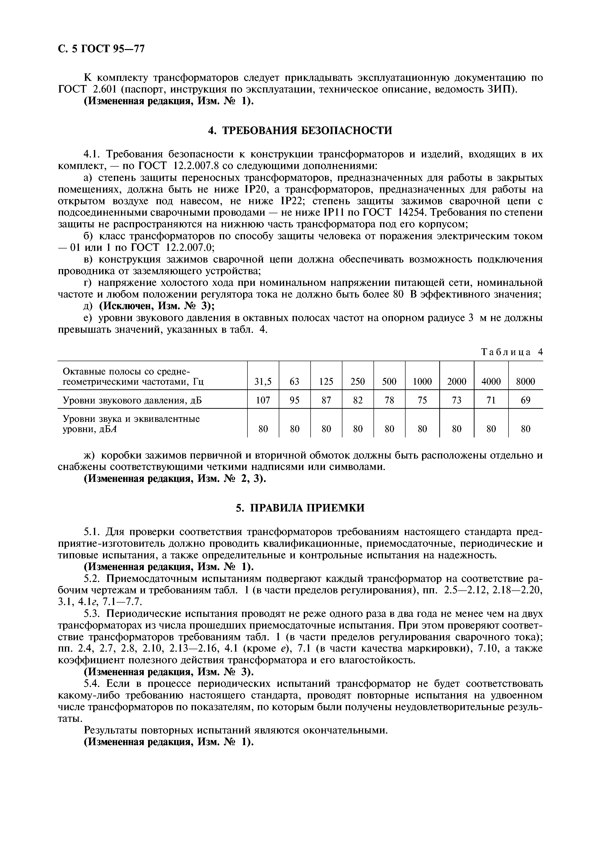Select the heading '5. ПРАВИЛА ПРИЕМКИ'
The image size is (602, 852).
point(300,508)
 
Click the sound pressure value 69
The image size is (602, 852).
point(525,400)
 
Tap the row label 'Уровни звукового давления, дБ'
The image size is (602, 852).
point(132,400)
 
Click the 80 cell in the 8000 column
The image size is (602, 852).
point(525,429)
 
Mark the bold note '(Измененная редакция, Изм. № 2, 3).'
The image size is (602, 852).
point(175,479)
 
